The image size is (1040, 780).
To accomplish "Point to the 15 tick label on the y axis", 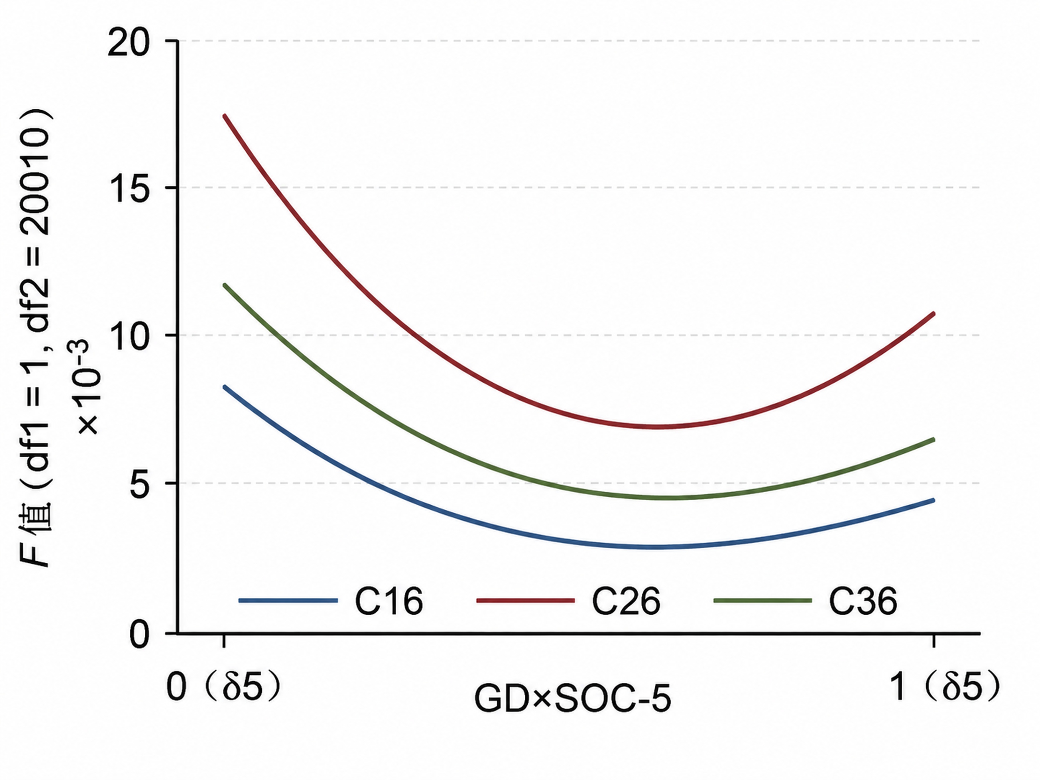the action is tap(128, 188).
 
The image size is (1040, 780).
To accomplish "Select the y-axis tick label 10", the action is tap(128, 336).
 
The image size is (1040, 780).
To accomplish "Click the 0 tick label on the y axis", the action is tap(140, 634).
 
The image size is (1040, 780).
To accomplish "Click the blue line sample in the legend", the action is tap(288, 600).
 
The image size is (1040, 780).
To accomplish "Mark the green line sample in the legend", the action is tap(762, 600).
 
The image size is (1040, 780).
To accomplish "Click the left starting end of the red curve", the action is tap(224, 115).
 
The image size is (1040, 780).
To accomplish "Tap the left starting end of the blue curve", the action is tap(224, 386).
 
